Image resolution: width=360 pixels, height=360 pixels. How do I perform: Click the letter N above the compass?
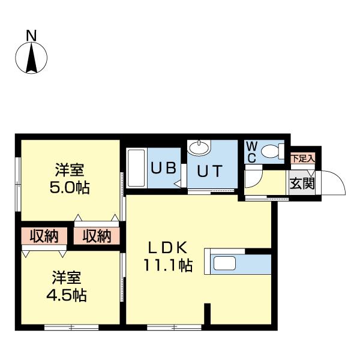pyautogui.click(x=31, y=36)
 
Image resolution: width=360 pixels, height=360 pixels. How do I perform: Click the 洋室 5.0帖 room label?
pyautogui.click(x=70, y=178)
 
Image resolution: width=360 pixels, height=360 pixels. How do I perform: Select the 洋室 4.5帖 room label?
pyautogui.click(x=67, y=286)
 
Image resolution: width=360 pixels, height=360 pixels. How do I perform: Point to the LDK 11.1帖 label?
pyautogui.click(x=168, y=256)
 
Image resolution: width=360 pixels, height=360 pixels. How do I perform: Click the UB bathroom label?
pyautogui.click(x=163, y=167)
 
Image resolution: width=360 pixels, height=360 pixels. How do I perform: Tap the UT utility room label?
pyautogui.click(x=209, y=170)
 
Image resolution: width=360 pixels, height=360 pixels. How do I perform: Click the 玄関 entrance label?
pyautogui.click(x=302, y=184)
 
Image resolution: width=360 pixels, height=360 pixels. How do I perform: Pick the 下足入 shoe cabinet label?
pyautogui.click(x=302, y=158)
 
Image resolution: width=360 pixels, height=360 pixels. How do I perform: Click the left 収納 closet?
pyautogui.click(x=44, y=236)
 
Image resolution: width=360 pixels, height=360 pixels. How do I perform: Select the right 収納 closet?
pyautogui.click(x=97, y=236)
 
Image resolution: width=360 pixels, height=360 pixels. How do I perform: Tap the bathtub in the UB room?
pyautogui.click(x=136, y=168)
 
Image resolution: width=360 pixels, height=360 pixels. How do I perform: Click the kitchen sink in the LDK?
pyautogui.click(x=225, y=263)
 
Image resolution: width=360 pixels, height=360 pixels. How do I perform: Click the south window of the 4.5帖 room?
pyautogui.click(x=71, y=328)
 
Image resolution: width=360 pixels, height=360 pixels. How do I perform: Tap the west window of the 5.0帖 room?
pyautogui.click(x=18, y=184)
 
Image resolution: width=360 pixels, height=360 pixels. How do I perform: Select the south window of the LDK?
pyautogui.click(x=174, y=328)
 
